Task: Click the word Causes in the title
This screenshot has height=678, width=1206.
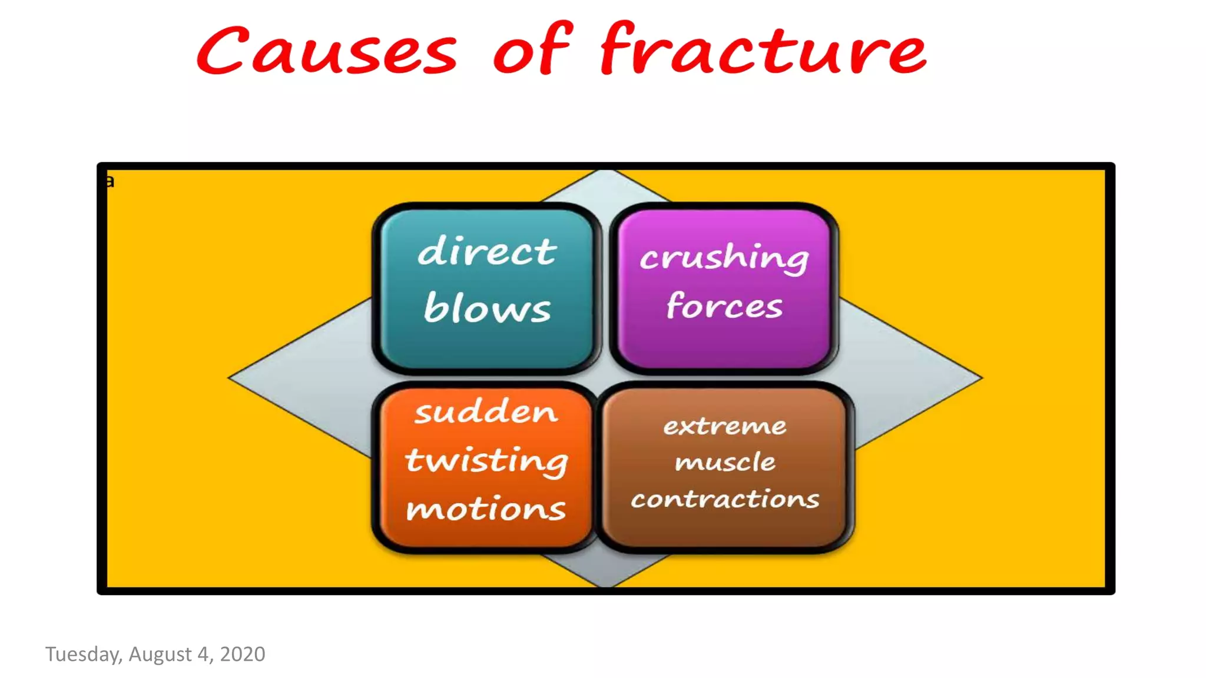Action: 327,52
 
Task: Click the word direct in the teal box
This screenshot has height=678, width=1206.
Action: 486,252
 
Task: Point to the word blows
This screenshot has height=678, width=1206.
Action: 487,308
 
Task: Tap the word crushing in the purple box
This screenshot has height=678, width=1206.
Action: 724,258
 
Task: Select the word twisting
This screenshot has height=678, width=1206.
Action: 486,460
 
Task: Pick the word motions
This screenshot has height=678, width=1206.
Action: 486,508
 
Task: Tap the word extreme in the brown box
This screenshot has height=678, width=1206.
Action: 724,426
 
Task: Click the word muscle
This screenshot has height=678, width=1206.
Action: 725,462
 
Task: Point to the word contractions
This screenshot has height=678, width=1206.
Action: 725,499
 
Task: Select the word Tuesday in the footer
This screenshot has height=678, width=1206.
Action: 82,654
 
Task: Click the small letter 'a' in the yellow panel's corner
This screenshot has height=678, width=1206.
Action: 110,181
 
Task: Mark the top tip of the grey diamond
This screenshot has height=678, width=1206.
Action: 606,172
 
